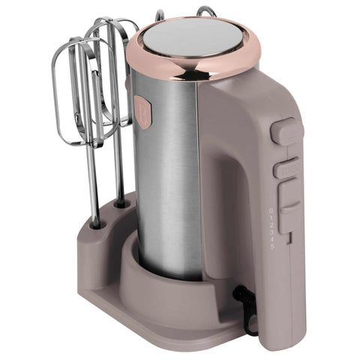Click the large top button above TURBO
pos(286,132)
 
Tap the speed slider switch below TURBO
pos(288,197)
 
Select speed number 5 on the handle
pos(272,247)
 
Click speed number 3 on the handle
pos(271,232)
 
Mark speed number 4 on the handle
pos(272,240)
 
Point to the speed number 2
pos(271,225)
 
